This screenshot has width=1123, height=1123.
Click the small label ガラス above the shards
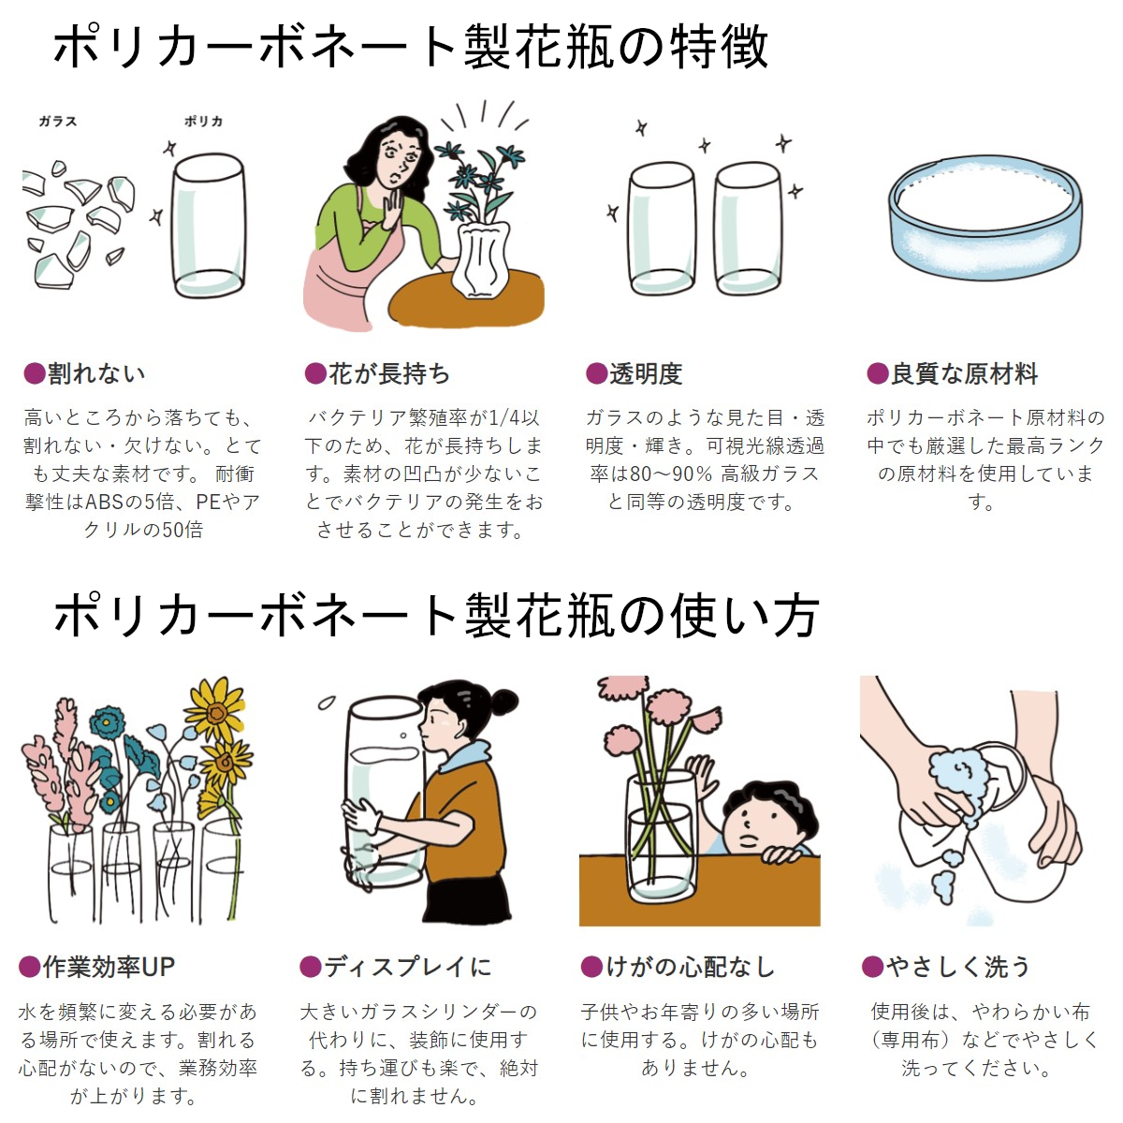pyautogui.click(x=58, y=122)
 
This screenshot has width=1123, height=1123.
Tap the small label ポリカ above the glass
pyautogui.click(x=203, y=122)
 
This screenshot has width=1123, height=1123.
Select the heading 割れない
pyautogui.click(x=96, y=373)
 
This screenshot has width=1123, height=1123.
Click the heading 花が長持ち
pyautogui.click(x=389, y=373)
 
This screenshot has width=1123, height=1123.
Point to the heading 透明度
pyautogui.click(x=646, y=373)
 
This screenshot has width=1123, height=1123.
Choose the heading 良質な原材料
pyautogui.click(x=965, y=373)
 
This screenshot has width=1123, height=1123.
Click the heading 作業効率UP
pyautogui.click(x=109, y=967)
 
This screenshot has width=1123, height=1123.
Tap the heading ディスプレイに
pyautogui.click(x=408, y=967)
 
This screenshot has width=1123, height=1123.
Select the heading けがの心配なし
pyautogui.click(x=691, y=967)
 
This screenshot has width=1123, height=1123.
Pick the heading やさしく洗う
pyautogui.click(x=958, y=967)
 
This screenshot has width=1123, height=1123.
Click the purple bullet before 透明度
pyautogui.click(x=596, y=373)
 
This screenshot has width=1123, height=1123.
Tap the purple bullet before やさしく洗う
pyautogui.click(x=872, y=967)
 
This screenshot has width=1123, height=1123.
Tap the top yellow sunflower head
pyautogui.click(x=215, y=709)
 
